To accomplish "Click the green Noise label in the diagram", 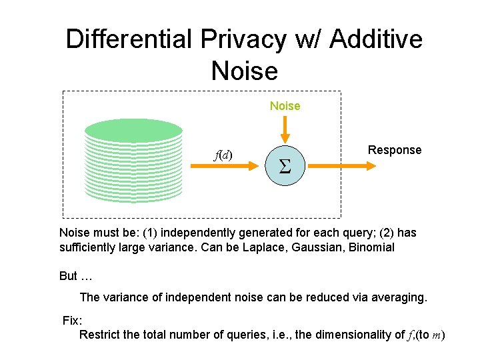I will (285, 106).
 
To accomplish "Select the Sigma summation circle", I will (285, 165).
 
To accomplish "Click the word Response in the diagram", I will (395, 150).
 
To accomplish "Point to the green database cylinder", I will (134, 160).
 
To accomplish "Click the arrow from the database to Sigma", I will (227, 166).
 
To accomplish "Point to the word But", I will (69, 276).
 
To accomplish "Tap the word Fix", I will (71, 321).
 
